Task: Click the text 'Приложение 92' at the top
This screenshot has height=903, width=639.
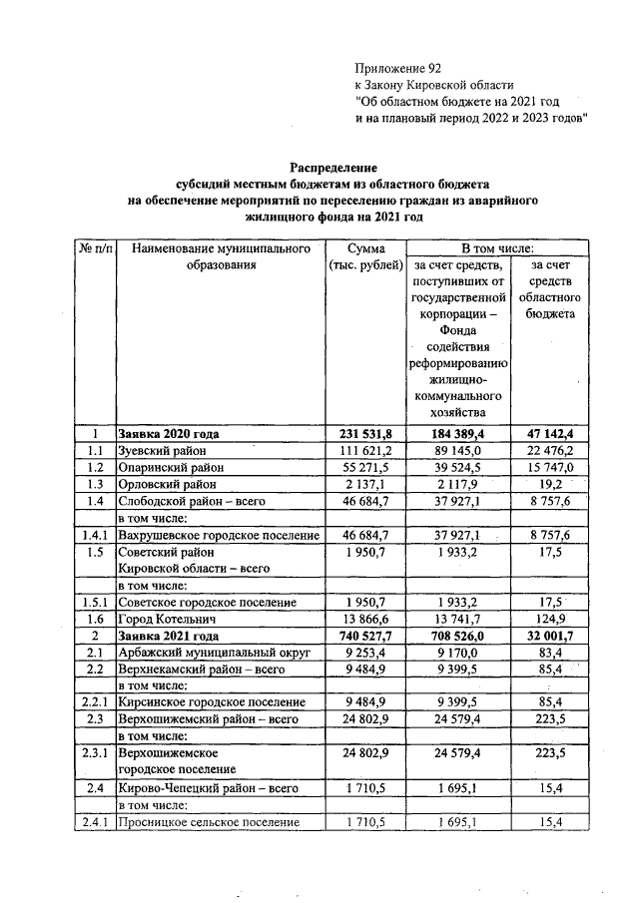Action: (397, 68)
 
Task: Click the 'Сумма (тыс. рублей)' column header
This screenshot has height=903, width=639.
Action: (362, 256)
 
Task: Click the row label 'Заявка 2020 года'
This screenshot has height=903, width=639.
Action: (169, 434)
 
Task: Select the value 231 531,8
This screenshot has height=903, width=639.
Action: (362, 434)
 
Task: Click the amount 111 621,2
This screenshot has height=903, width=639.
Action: (362, 451)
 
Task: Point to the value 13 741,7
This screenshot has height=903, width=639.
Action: (458, 620)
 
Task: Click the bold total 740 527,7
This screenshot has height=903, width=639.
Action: (362, 636)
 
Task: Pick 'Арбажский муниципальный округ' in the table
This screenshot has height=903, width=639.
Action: (209, 653)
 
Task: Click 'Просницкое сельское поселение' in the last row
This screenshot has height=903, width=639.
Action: (208, 822)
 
